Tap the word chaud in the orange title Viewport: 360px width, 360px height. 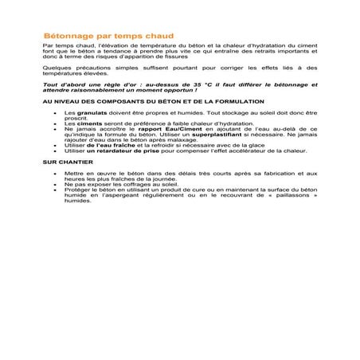(158, 37)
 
